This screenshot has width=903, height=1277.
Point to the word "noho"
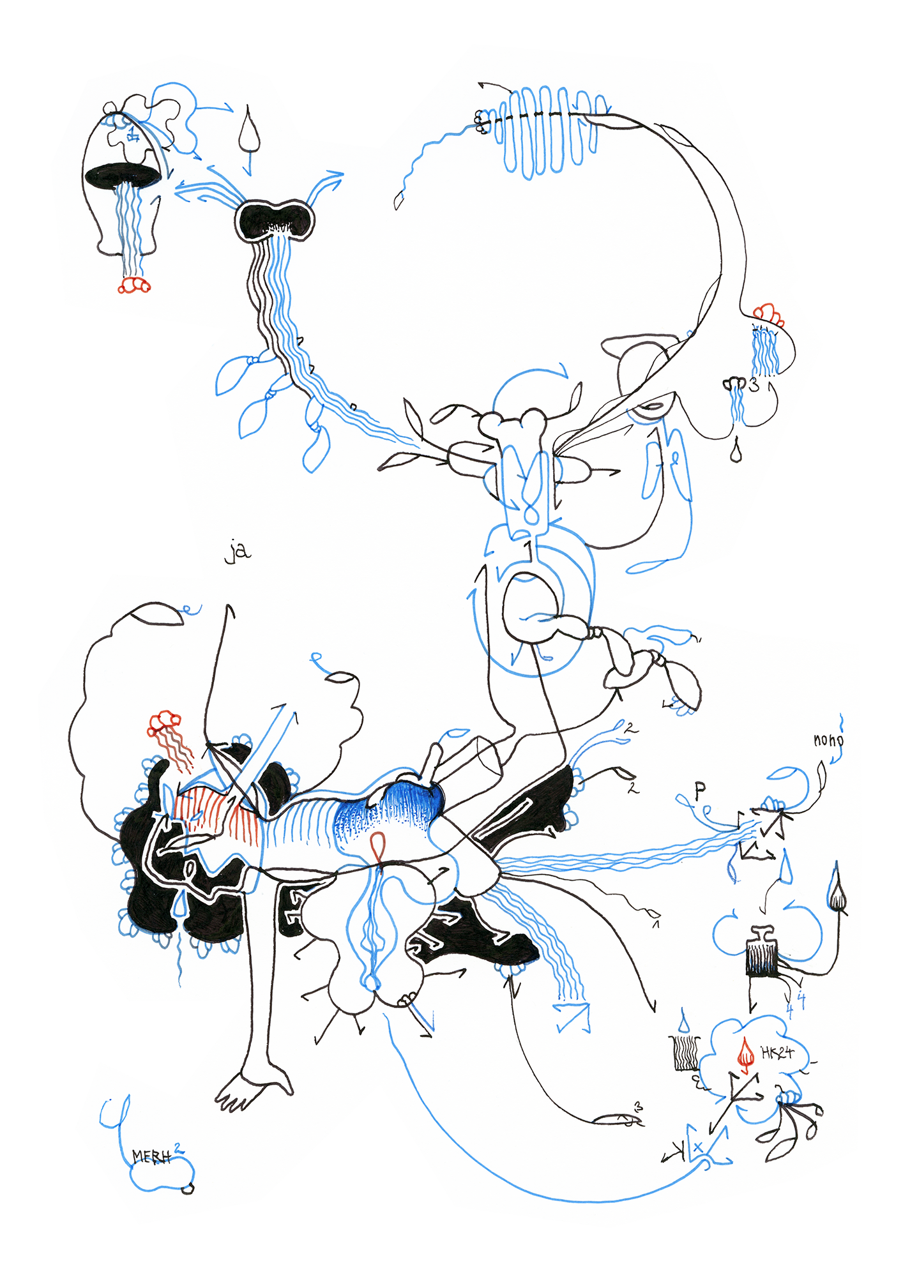click(x=828, y=740)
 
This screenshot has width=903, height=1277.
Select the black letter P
click(x=700, y=790)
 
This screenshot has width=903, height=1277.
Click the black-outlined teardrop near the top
click(x=249, y=132)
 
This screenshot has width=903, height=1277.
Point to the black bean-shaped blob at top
click(x=275, y=219)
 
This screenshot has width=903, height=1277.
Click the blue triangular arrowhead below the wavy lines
click(x=573, y=1016)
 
